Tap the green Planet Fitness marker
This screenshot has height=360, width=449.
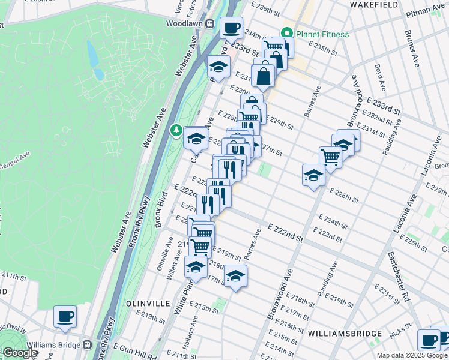287,34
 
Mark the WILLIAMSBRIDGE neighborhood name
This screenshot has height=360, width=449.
345,333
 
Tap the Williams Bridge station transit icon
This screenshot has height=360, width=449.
88,345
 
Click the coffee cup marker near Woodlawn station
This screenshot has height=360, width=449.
231,27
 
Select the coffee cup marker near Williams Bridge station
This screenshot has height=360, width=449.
65,316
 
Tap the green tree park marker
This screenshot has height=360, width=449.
176,129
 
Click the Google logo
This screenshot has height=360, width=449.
20,353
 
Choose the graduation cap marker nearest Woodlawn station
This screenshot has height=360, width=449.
218,67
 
